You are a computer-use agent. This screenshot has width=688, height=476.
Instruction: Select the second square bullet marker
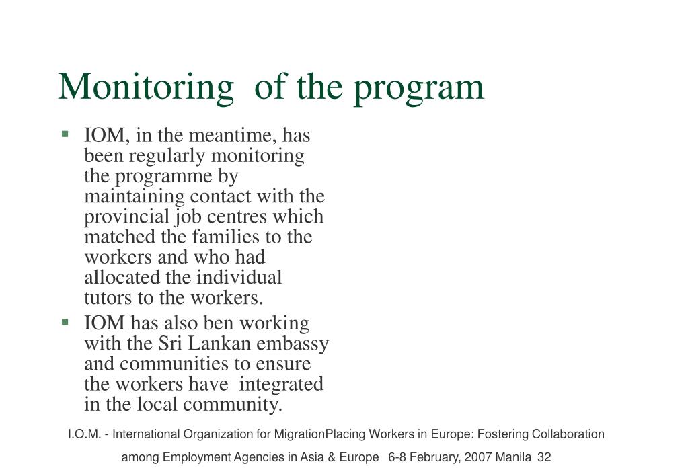pyautogui.click(x=65, y=323)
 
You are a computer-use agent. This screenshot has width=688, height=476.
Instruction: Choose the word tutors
pyautogui.click(x=104, y=297)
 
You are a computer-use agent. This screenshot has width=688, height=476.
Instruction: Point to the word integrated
pyautogui.click(x=282, y=385)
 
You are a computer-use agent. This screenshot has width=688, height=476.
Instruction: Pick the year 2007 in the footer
pyautogui.click(x=477, y=457)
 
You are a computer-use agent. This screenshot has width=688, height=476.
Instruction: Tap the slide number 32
pyautogui.click(x=544, y=457)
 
